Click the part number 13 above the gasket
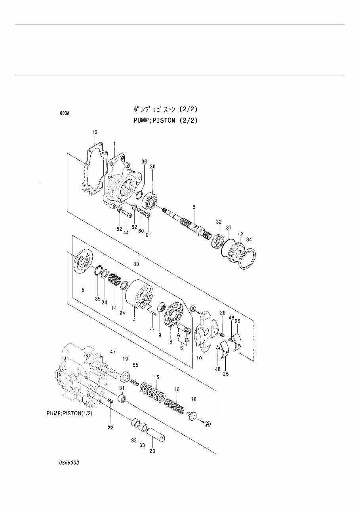[x=95, y=132]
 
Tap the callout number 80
[x=136, y=264]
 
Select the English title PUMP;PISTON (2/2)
[x=165, y=120]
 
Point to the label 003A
[x=65, y=114]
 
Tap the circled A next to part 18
[x=208, y=424]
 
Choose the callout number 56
[x=110, y=427]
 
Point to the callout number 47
[x=112, y=351]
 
